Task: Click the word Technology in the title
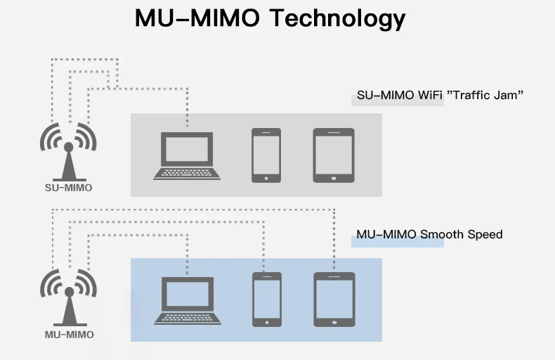[338, 19]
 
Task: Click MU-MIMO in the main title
[199, 18]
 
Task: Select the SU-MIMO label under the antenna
[68, 188]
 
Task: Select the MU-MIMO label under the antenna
[69, 335]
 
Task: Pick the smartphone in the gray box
[266, 155]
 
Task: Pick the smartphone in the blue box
[267, 300]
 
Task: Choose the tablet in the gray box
[334, 155]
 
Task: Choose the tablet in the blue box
[334, 300]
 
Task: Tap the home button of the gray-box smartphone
[266, 178]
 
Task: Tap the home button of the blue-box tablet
[334, 323]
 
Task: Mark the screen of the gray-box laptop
[187, 149]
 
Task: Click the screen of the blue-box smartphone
[267, 297]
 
